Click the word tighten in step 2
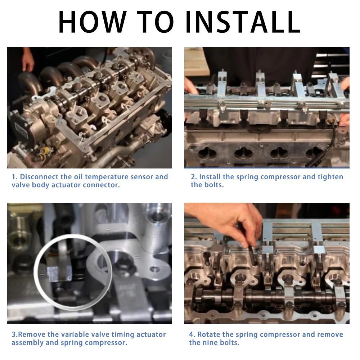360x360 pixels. pos(330,177)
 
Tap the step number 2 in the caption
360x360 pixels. pos(193,177)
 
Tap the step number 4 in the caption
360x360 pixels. pos(192,334)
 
